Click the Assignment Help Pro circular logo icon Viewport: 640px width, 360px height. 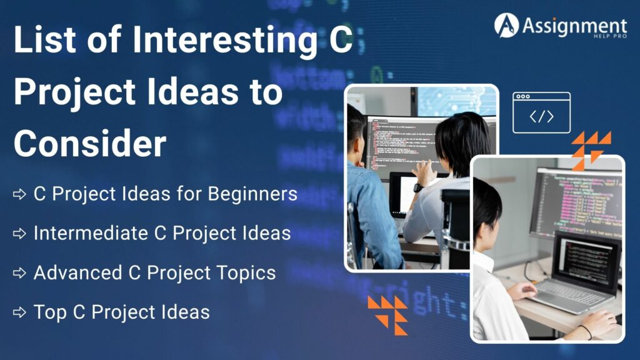(x=506, y=25)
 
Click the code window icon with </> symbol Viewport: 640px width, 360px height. (x=541, y=112)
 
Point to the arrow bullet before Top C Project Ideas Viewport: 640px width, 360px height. (x=19, y=312)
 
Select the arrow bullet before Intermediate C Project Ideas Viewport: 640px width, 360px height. (x=19, y=234)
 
